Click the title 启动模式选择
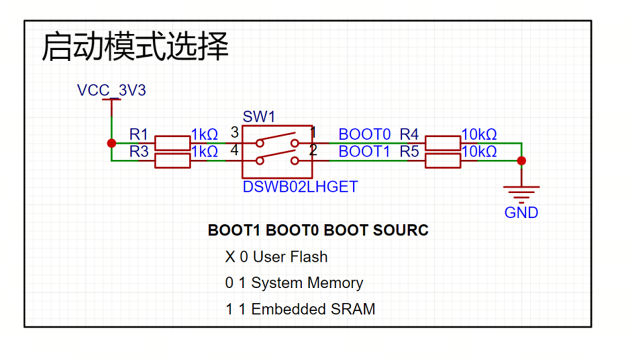click(135, 47)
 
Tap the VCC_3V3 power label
click(111, 90)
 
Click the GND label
click(521, 213)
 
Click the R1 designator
click(138, 133)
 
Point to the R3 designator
click(138, 152)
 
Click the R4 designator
click(409, 133)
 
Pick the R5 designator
click(409, 152)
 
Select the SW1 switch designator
click(259, 117)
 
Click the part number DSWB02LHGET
click(300, 187)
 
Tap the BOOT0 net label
click(365, 133)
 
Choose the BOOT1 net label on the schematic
click(365, 152)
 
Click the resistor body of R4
click(443, 143)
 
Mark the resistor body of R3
click(172, 161)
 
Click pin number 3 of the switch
click(234, 133)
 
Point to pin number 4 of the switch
click(234, 151)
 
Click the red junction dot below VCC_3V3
click(112, 143)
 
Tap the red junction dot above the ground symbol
click(521, 160)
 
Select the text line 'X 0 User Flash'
click(276, 257)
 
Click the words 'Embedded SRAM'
click(313, 309)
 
